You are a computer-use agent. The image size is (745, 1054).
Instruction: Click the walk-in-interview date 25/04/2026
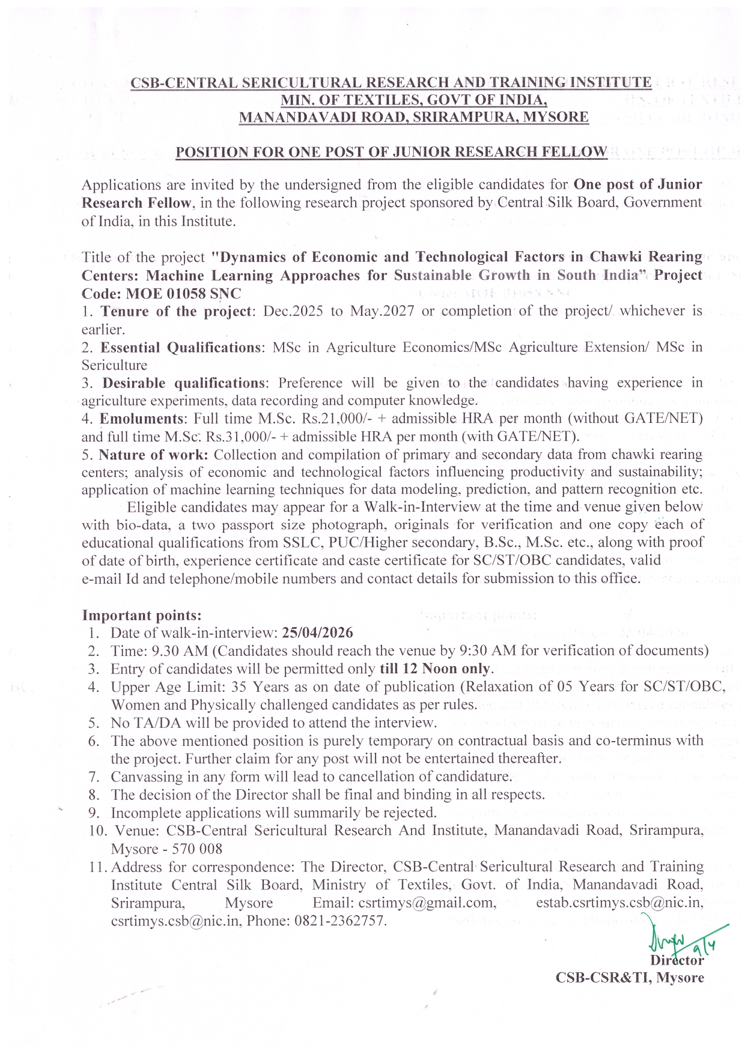(317, 632)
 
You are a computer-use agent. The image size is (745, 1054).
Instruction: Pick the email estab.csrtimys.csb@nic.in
(619, 903)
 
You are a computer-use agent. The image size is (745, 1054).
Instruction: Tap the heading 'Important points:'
(142, 615)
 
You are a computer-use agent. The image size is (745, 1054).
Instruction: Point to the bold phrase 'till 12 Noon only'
(436, 668)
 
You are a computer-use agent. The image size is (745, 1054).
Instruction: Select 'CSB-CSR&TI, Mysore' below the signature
(630, 977)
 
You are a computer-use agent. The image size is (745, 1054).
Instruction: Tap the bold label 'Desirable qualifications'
(183, 383)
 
